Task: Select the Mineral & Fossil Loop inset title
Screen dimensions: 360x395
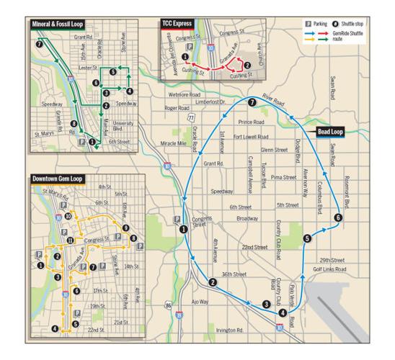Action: tap(56, 24)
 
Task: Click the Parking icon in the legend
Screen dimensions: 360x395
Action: tap(309, 24)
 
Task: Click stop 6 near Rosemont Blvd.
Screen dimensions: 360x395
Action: tap(337, 217)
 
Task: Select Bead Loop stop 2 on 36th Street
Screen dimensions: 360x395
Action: tap(212, 282)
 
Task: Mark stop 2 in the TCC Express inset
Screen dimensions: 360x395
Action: tap(247, 65)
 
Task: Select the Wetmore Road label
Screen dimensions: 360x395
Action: tap(182, 94)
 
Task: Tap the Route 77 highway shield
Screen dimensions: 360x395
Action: tap(190, 117)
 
